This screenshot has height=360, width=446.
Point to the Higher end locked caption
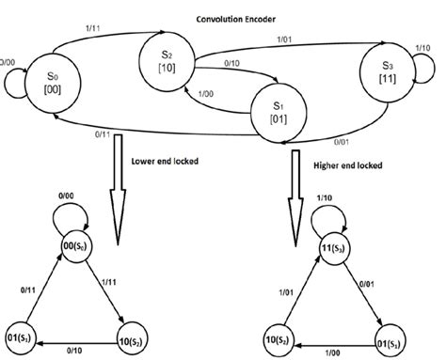click(349, 165)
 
